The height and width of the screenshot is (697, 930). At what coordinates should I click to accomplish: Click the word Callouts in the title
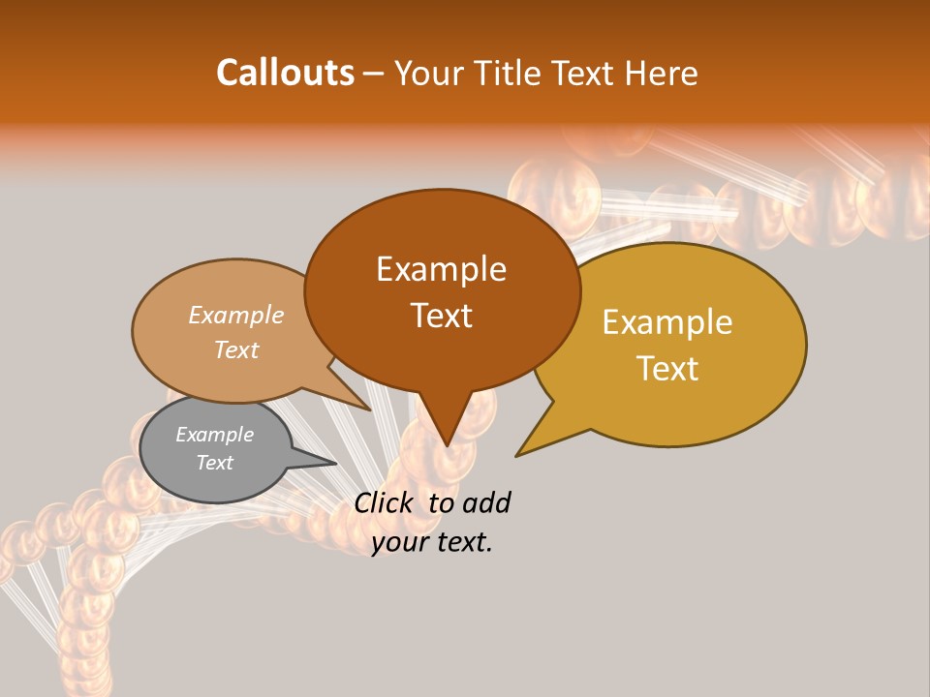[285, 73]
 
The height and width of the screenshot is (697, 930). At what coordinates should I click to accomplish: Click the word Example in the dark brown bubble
[441, 269]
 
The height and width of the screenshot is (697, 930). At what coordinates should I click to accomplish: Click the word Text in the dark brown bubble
[441, 316]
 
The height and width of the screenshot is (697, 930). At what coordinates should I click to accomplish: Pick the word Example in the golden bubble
[667, 322]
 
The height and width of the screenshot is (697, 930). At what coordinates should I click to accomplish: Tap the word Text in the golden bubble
[667, 368]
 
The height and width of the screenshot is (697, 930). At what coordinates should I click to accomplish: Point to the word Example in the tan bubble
[236, 315]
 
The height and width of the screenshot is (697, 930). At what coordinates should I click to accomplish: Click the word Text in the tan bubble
[236, 349]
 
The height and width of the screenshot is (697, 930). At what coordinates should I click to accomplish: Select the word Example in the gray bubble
[214, 435]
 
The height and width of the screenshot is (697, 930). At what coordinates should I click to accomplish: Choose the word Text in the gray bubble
[214, 463]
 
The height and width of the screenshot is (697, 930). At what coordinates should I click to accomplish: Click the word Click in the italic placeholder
[383, 502]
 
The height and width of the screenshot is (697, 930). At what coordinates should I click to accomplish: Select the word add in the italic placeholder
[485, 502]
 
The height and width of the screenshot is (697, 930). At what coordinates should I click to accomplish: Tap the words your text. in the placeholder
[432, 542]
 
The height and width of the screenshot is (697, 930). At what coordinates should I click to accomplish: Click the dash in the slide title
[374, 73]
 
